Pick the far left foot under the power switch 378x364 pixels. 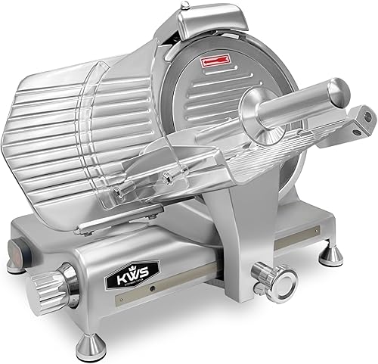tap(16, 264)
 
